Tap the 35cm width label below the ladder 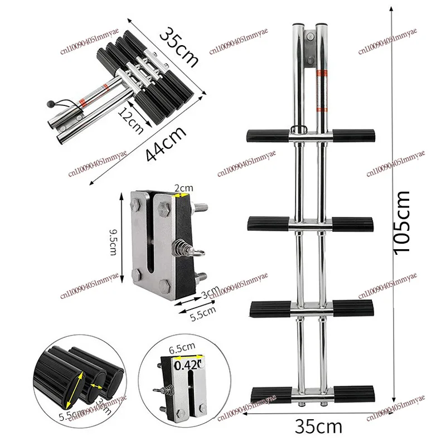click(318, 428)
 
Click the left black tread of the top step click(267, 134)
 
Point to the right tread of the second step click(349, 224)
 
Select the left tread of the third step click(271, 308)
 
